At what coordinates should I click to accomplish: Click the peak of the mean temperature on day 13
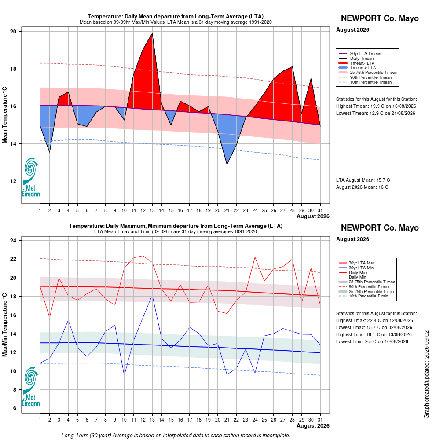(152, 33)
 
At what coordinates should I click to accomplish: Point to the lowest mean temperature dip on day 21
(227, 164)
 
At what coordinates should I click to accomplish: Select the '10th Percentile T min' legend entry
(364, 296)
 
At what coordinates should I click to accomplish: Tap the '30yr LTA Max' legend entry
(357, 263)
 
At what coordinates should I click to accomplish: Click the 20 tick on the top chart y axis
(13, 31)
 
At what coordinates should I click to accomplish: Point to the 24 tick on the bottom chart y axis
(13, 241)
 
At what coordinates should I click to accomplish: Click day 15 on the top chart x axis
(171, 210)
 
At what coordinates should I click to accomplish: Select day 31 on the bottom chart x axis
(320, 420)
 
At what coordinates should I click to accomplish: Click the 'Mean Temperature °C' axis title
(4, 115)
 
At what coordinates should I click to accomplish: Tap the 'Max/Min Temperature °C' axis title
(4, 325)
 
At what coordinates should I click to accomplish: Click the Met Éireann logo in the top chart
(31, 177)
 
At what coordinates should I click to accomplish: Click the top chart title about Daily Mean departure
(176, 16)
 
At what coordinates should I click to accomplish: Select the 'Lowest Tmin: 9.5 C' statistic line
(372, 341)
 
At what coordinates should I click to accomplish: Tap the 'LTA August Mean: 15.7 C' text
(363, 180)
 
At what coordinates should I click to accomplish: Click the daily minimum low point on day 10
(125, 375)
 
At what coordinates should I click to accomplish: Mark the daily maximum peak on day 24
(255, 257)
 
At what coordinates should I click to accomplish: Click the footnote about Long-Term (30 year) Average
(176, 435)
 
